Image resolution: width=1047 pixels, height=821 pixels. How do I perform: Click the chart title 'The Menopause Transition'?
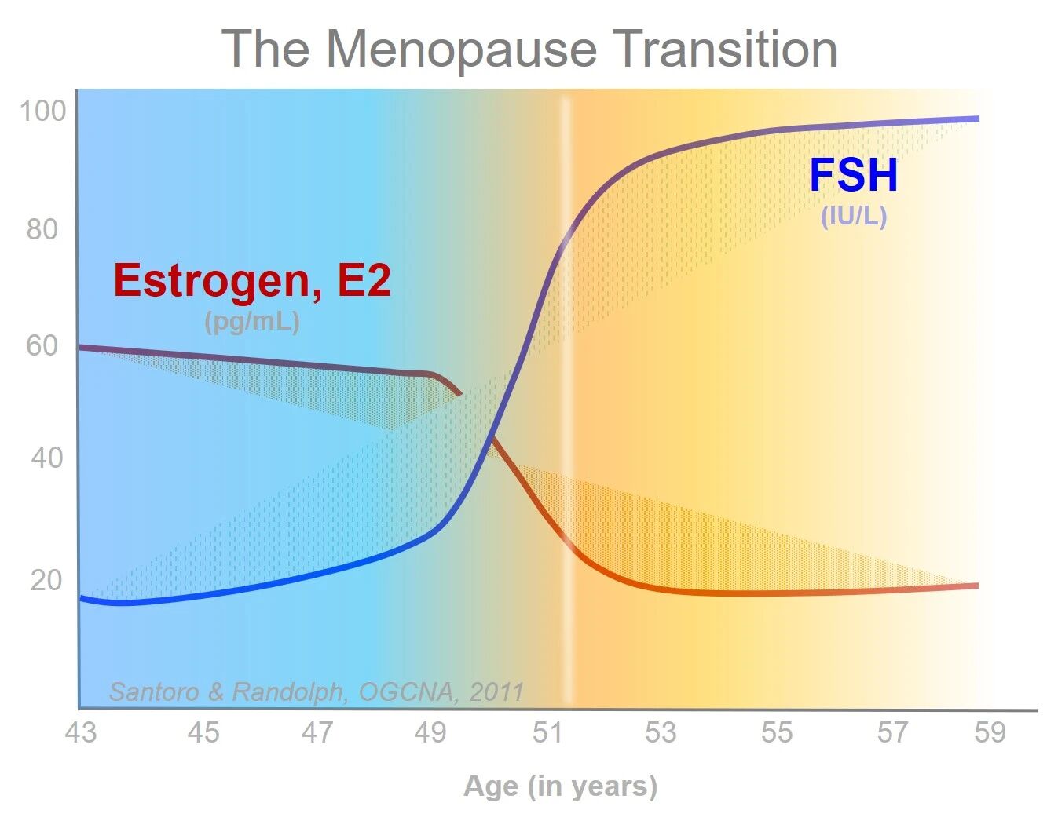pyautogui.click(x=529, y=49)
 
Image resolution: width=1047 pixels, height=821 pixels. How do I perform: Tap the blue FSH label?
pyautogui.click(x=853, y=175)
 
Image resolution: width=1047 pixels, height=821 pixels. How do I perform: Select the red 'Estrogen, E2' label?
pyautogui.click(x=252, y=280)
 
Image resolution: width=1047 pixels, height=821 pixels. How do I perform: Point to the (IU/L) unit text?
pyautogui.click(x=854, y=216)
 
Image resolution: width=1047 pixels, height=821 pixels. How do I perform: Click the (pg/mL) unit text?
pyautogui.click(x=252, y=321)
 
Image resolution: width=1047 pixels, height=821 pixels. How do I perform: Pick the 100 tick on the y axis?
pyautogui.click(x=43, y=111)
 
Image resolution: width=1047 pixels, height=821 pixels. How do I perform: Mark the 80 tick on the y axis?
pyautogui.click(x=42, y=230)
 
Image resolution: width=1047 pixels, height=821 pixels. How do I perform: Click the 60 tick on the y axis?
pyautogui.click(x=42, y=345)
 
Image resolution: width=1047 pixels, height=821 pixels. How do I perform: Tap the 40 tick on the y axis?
pyautogui.click(x=46, y=458)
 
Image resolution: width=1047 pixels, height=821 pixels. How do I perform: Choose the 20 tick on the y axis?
pyautogui.click(x=46, y=580)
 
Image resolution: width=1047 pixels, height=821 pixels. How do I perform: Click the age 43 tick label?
pyautogui.click(x=80, y=732)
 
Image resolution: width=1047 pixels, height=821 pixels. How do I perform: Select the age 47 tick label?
pyautogui.click(x=318, y=732)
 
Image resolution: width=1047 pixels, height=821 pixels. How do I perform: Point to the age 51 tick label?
pyautogui.click(x=547, y=732)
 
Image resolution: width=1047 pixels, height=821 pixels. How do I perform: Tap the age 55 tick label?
pyautogui.click(x=777, y=732)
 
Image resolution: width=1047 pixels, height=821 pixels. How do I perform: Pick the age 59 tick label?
pyautogui.click(x=990, y=732)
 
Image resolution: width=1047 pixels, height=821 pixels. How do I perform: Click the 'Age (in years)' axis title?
pyautogui.click(x=560, y=786)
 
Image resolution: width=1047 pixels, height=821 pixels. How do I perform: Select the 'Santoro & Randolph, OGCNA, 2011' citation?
pyautogui.click(x=316, y=691)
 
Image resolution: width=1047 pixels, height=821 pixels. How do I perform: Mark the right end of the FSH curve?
pyautogui.click(x=977, y=119)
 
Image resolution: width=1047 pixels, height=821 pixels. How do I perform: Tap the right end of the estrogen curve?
pyautogui.click(x=976, y=586)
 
